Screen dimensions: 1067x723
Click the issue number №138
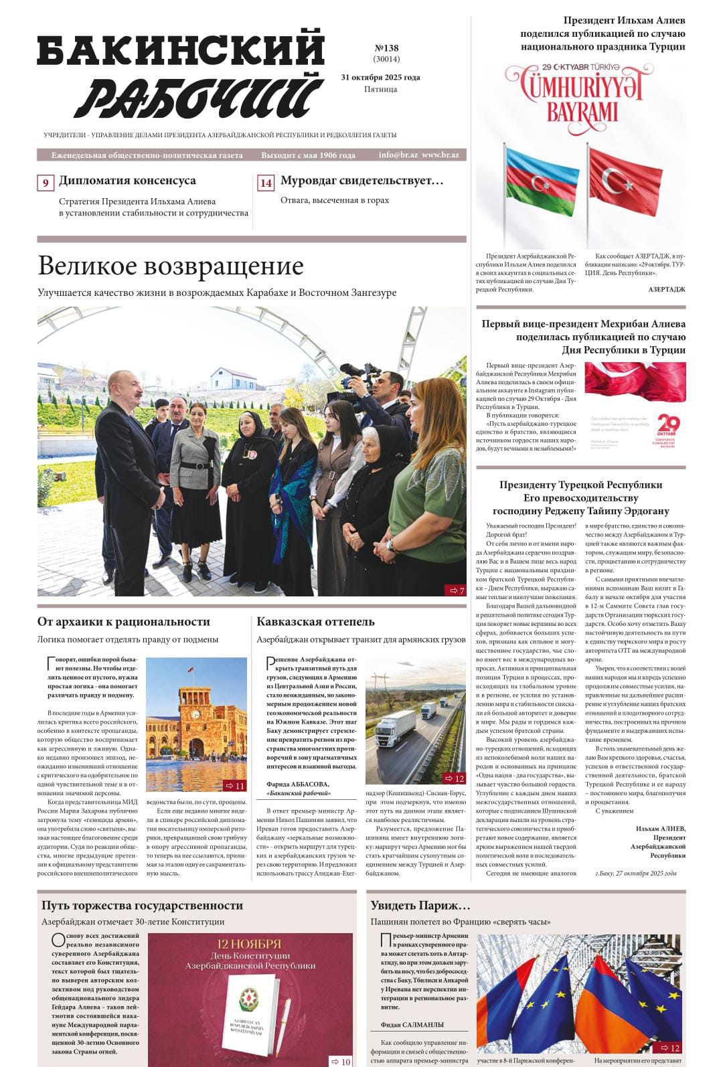click(386, 48)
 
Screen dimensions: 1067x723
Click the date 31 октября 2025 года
click(380, 77)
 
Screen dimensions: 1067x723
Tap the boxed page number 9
click(46, 183)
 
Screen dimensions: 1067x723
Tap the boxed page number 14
click(266, 183)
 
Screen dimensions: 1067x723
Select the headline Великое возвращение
click(171, 266)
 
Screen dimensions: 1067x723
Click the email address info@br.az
click(398, 155)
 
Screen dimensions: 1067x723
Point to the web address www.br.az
click(440, 155)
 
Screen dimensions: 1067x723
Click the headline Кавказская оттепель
click(315, 622)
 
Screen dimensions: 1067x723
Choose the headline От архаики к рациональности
click(123, 622)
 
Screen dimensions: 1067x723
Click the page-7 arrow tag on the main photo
click(455, 590)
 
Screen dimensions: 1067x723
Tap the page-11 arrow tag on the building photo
click(235, 786)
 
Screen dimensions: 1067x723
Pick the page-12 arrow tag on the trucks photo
click(455, 778)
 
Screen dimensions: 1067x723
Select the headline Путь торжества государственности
click(142, 906)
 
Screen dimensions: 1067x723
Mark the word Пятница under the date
click(380, 89)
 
